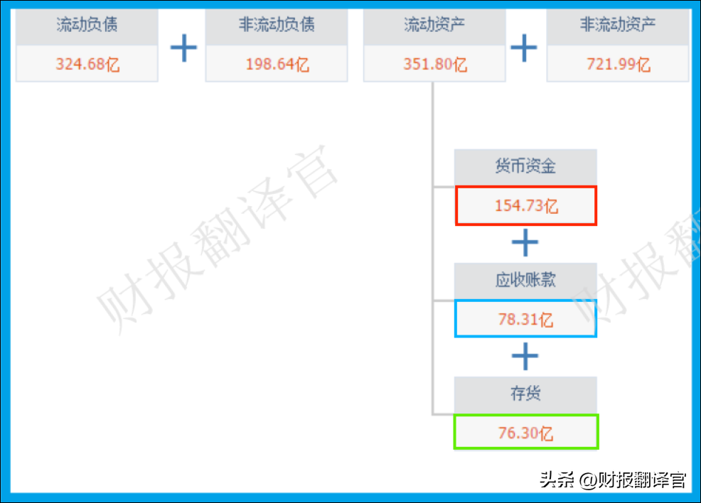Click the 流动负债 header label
pyautogui.click(x=87, y=26)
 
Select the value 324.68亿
pyautogui.click(x=87, y=65)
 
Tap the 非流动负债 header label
pyautogui.click(x=277, y=26)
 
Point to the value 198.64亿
pyautogui.click(x=277, y=65)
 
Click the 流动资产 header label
pyautogui.click(x=434, y=26)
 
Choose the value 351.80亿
pyautogui.click(x=435, y=65)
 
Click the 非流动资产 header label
pyautogui.click(x=617, y=26)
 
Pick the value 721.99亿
pyautogui.click(x=618, y=65)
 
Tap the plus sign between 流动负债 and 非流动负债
pyautogui.click(x=183, y=48)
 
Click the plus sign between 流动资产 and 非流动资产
pyautogui.click(x=524, y=48)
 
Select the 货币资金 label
pyautogui.click(x=525, y=167)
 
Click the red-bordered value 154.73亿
pyautogui.click(x=526, y=206)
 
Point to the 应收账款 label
pyautogui.click(x=525, y=280)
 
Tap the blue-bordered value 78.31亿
pyautogui.click(x=525, y=319)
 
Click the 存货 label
pyautogui.click(x=525, y=394)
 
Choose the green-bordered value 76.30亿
pyautogui.click(x=525, y=432)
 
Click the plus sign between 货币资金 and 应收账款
pyautogui.click(x=525, y=244)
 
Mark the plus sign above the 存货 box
pyautogui.click(x=525, y=356)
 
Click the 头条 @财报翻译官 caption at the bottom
pyautogui.click(x=612, y=480)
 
